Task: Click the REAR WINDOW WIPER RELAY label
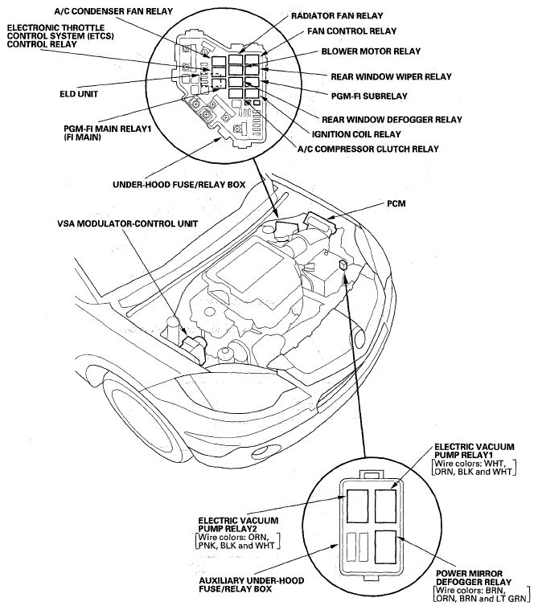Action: [x=391, y=76]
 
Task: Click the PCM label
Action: [x=396, y=204]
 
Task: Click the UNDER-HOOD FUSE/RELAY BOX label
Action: [x=179, y=184]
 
